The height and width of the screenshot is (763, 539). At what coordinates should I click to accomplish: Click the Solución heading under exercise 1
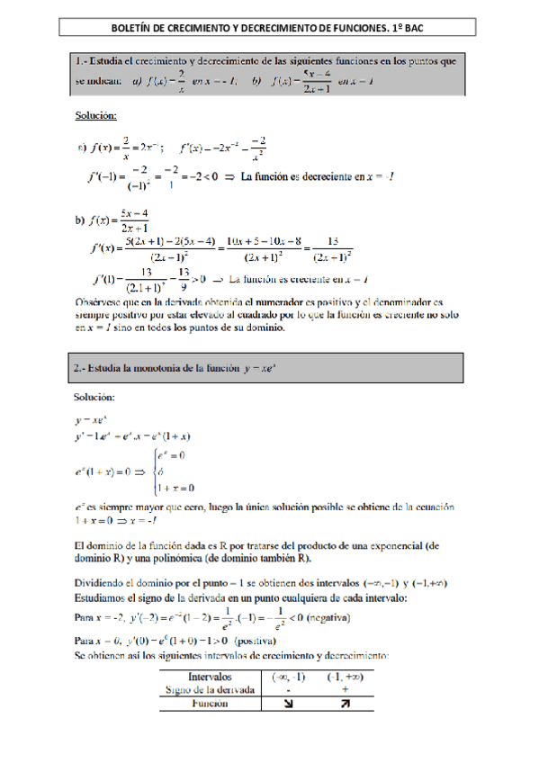(94, 113)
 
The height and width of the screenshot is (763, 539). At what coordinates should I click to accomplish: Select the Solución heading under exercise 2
(94, 396)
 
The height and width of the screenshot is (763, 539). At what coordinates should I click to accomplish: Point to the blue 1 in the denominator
(169, 185)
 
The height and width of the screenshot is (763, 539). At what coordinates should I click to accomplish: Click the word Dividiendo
(110, 583)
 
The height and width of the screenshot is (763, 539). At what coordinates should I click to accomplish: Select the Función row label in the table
(210, 705)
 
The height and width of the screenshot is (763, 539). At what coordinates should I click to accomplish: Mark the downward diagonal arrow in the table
(288, 705)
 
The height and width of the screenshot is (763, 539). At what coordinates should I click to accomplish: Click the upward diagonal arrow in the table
(345, 705)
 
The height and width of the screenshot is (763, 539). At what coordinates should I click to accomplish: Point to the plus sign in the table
(345, 689)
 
